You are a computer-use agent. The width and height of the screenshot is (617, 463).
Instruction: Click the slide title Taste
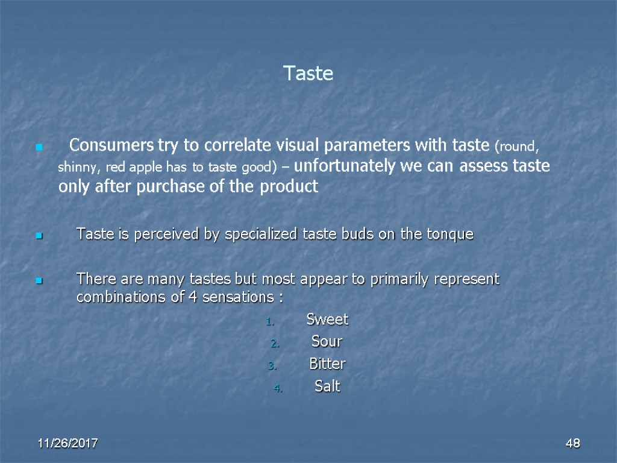tap(308, 74)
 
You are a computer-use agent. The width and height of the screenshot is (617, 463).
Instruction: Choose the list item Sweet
tap(327, 320)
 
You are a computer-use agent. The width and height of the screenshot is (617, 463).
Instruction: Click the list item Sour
tap(327, 342)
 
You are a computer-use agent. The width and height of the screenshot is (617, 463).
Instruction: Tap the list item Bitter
tap(327, 364)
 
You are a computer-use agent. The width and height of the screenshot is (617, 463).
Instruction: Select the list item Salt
tap(327, 386)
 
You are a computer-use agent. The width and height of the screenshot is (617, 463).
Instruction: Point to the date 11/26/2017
tap(68, 444)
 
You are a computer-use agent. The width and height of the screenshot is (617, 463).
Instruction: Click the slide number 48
tap(572, 444)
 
